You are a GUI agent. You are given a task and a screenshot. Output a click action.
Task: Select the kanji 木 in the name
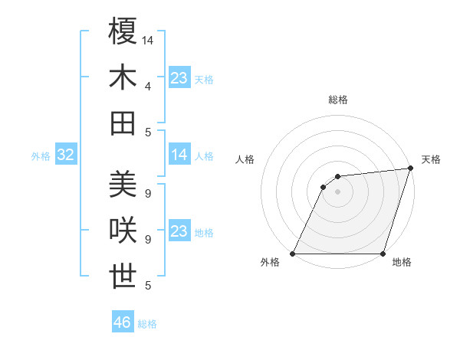pyautogui.click(x=123, y=78)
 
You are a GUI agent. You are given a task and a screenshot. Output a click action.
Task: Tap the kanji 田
pyautogui.click(x=123, y=123)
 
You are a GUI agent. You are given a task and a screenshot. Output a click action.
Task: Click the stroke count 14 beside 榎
pyautogui.click(x=148, y=40)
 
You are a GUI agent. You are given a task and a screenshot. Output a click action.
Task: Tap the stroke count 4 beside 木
pyautogui.click(x=148, y=87)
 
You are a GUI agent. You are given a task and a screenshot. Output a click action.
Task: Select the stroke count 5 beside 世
pyautogui.click(x=148, y=286)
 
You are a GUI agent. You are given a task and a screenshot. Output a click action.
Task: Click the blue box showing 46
pyautogui.click(x=123, y=322)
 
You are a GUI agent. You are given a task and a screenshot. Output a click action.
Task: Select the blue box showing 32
pyautogui.click(x=66, y=155)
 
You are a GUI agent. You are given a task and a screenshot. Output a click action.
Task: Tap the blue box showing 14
pyautogui.click(x=179, y=155)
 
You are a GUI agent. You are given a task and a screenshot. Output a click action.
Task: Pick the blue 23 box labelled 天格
pyautogui.click(x=179, y=78)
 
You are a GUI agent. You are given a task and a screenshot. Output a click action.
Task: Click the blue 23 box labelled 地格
pyautogui.click(x=179, y=231)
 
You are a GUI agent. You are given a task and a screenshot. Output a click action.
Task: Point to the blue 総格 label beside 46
pyautogui.click(x=147, y=324)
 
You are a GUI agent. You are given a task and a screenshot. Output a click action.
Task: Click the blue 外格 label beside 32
pyautogui.click(x=41, y=156)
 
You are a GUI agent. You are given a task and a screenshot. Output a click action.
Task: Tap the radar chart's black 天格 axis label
pyautogui.click(x=431, y=159)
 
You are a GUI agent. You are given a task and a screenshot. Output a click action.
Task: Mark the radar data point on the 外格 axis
pyautogui.click(x=293, y=254)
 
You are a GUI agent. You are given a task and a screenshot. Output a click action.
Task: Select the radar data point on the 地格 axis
pyautogui.click(x=383, y=254)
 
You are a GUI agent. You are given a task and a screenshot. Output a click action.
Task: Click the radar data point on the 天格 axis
pyautogui.click(x=411, y=169)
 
